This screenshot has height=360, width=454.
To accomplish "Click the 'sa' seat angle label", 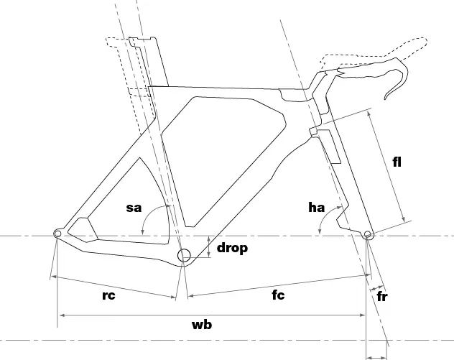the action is tap(134, 208).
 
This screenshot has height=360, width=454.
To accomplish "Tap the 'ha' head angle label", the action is tap(317, 208).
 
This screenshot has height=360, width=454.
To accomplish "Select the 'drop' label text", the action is tap(232, 248).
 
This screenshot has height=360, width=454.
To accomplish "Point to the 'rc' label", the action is tap(109, 295).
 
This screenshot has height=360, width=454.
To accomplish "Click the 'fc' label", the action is tap(278, 295).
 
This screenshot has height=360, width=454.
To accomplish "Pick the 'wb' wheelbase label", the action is tap(202, 324).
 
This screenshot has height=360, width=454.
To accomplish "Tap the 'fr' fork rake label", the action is tap(382, 297).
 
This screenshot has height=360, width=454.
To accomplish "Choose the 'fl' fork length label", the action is tap(397, 162).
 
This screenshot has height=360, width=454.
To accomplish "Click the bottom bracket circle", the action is tap(184, 256).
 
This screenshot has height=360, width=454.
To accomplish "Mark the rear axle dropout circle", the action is tap(57, 234).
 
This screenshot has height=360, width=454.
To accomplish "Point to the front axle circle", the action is tap(367, 234).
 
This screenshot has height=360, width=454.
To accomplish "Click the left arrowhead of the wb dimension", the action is tap(61, 315).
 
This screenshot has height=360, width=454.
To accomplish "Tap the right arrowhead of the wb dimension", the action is tap(362, 315).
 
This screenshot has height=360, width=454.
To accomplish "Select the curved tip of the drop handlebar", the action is tap(386, 98).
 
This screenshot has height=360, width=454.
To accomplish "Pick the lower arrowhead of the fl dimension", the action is tap(404, 219).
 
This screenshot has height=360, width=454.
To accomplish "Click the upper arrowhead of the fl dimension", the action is tap(369, 114).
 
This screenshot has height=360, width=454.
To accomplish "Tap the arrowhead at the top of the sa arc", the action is tap(169, 206).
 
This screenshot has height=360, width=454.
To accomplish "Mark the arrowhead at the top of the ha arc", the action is tap(339, 208).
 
